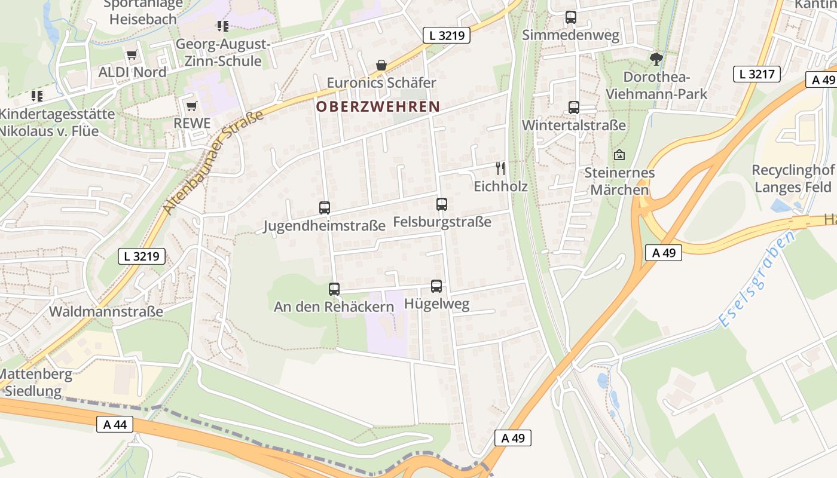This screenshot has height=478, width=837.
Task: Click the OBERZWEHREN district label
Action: (378, 107)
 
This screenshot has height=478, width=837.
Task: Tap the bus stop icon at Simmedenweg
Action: (571, 17)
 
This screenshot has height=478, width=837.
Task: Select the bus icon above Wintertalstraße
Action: (574, 108)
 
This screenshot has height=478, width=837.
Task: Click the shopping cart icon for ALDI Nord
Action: (132, 55)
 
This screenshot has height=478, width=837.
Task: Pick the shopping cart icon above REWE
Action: (191, 106)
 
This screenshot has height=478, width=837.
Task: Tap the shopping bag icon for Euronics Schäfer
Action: (381, 65)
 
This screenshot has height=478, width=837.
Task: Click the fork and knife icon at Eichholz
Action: (501, 168)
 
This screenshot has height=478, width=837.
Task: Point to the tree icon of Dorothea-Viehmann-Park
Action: (656, 59)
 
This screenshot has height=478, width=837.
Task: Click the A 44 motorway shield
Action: (114, 424)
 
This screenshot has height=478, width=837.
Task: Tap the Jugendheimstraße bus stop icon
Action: (325, 208)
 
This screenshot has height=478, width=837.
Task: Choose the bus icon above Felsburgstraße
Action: (442, 204)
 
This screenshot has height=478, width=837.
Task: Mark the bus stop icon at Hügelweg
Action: (436, 286)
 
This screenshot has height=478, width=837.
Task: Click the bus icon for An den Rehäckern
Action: (334, 289)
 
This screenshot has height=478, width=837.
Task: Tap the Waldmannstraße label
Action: (106, 311)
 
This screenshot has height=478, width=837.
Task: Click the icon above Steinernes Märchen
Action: (619, 155)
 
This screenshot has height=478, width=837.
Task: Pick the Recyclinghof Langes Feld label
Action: (793, 179)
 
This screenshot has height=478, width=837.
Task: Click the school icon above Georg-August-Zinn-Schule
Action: (223, 26)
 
